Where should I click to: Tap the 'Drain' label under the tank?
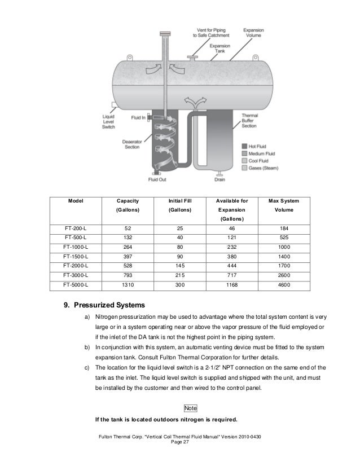point(220,180)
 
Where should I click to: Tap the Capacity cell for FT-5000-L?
point(128,285)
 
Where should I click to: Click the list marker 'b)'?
point(87,348)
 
